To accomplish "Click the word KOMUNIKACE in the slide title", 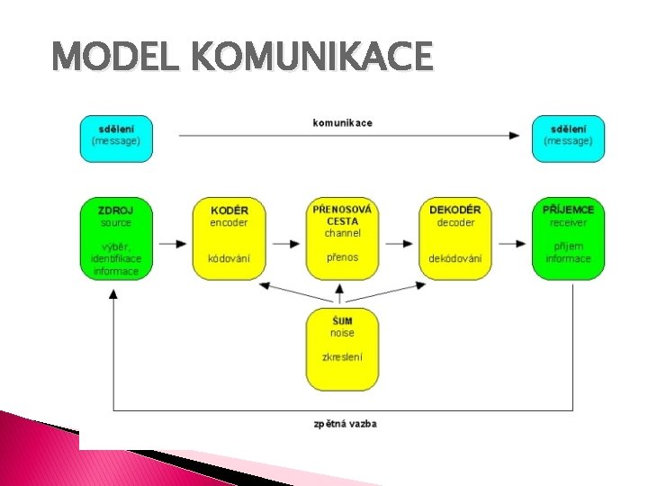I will point(313,58).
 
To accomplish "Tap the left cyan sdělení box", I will point(116,137).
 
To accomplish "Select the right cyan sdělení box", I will point(568,137).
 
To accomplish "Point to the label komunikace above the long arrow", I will point(342,122).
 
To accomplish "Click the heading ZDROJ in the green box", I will point(116,210).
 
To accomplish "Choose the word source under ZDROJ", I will point(116,222).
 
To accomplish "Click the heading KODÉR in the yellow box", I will point(229,210).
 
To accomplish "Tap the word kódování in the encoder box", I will point(229,258).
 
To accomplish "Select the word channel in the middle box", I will point(343,233).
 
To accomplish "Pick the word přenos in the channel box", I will point(343,257).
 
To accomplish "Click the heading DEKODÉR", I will point(455,210).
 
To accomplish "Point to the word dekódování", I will point(455,258).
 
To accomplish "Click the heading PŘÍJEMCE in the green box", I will point(568,210).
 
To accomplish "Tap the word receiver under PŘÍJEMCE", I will point(568,222).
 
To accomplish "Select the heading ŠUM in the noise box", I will point(342,320).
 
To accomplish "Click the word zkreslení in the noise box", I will point(342,357).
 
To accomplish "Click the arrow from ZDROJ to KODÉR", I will point(172,243).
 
